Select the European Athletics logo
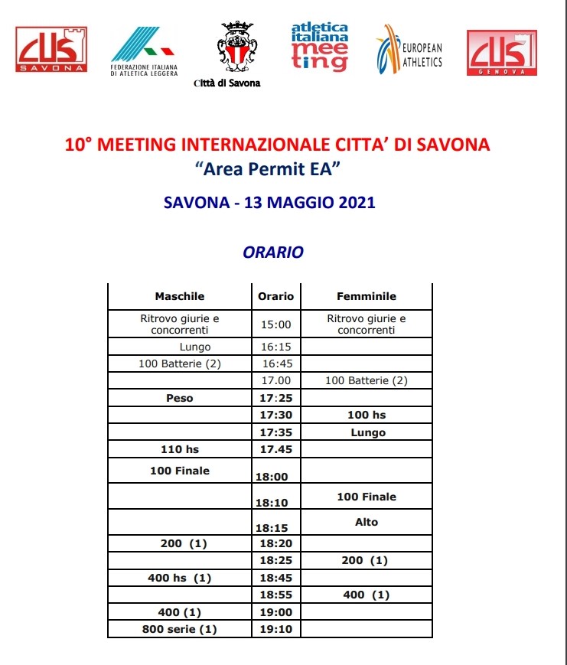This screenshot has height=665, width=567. point(409,50)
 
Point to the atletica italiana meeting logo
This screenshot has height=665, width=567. point(319,47)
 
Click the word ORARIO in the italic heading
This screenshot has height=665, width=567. point(273,251)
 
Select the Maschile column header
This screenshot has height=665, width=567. point(180,296)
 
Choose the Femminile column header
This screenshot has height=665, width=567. point(367,296)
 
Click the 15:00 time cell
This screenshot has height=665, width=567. point(275,324)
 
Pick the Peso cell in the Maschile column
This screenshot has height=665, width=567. point(180,398)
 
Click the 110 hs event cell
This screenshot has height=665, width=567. point(180,449)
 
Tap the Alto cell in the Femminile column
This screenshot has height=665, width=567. point(367,522)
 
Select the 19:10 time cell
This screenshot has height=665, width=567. point(275,630)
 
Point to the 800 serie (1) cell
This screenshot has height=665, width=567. point(180,630)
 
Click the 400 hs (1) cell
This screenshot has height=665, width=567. point(180,578)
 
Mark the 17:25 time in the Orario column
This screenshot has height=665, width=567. point(275,398)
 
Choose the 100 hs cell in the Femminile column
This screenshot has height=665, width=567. point(367,415)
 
